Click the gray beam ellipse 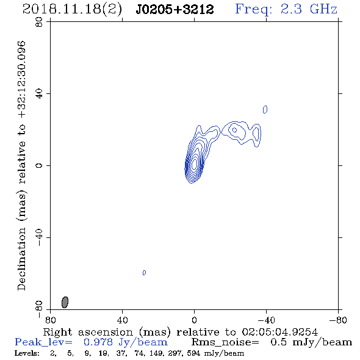pyautogui.click(x=65, y=302)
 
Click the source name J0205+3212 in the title pyautogui.click(x=175, y=10)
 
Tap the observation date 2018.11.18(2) pyautogui.click(x=72, y=10)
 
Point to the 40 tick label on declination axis pyautogui.click(x=39, y=94)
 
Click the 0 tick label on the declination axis pyautogui.click(x=39, y=165)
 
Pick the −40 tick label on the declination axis pyautogui.click(x=39, y=237)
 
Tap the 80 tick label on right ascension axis pyautogui.click(x=50, y=320)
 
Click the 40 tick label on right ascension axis pyautogui.click(x=122, y=320)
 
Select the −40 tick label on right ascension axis pyautogui.click(x=266, y=320)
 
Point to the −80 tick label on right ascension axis pyautogui.click(x=338, y=320)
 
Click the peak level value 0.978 pyautogui.click(x=98, y=342)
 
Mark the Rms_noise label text pyautogui.click(x=225, y=342)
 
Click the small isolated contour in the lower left pyautogui.click(x=144, y=273)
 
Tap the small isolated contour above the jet pyautogui.click(x=265, y=109)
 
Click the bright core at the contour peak pyautogui.click(x=195, y=164)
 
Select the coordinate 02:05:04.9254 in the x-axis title pyautogui.click(x=280, y=332)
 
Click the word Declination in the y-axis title pyautogui.click(x=21, y=259)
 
